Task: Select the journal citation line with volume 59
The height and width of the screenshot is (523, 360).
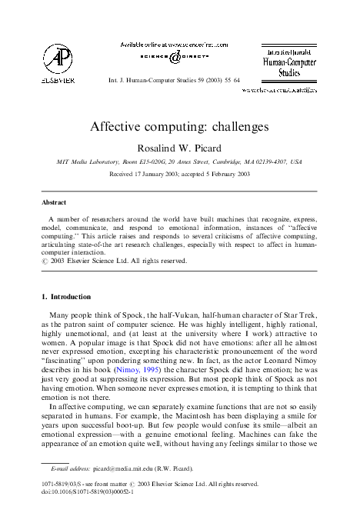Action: click(x=174, y=79)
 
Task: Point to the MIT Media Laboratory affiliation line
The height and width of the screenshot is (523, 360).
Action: click(x=179, y=163)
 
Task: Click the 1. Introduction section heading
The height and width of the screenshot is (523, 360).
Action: click(x=65, y=297)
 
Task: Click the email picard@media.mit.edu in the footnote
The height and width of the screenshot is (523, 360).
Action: click(x=128, y=468)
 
